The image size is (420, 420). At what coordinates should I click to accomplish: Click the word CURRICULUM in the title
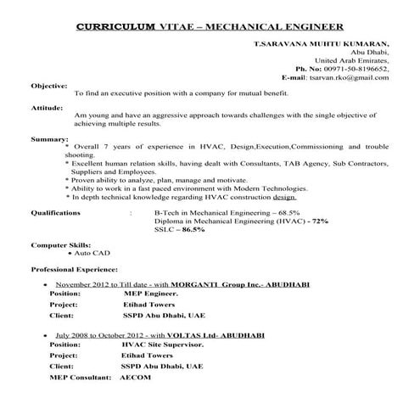click(115, 26)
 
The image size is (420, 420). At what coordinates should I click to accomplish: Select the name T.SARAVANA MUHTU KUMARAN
click(322, 43)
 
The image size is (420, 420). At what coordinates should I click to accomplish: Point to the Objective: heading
click(49, 87)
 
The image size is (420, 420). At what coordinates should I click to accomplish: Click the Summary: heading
click(48, 137)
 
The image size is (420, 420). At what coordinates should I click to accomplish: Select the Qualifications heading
click(59, 213)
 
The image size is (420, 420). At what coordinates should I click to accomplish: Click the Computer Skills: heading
click(62, 244)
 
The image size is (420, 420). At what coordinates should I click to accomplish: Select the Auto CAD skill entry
click(92, 253)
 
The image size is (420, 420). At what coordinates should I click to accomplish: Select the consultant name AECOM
click(135, 376)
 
